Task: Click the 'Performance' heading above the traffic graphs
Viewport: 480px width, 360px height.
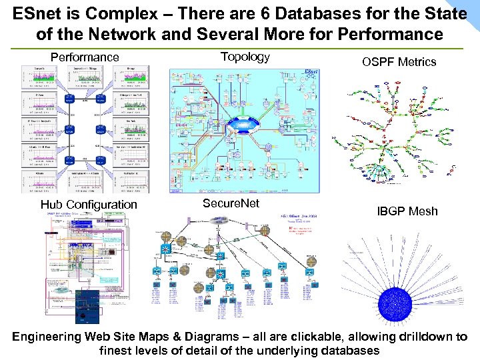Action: pos(85,57)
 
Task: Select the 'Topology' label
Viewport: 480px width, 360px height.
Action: pos(245,57)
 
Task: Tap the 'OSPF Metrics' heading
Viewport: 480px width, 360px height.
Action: pos(399,62)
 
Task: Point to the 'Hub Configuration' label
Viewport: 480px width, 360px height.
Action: pos(89,205)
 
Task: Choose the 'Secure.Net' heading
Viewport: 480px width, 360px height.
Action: pos(231,203)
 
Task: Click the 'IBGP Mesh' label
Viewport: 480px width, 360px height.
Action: pos(407,211)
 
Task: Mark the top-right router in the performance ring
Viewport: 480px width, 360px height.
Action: pos(101,99)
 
